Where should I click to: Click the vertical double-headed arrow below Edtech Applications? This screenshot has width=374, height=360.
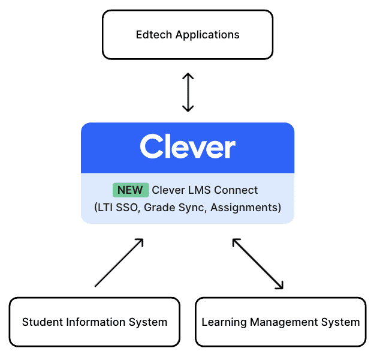click(x=188, y=92)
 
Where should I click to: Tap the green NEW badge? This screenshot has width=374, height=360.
click(x=130, y=190)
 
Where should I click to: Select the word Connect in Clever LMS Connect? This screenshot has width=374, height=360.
click(x=237, y=190)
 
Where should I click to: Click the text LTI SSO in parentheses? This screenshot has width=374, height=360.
click(x=116, y=208)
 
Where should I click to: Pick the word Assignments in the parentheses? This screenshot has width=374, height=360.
click(x=243, y=208)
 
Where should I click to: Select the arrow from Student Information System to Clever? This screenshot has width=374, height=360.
click(x=119, y=263)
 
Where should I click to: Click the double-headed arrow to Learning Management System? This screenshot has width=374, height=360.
click(x=258, y=264)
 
